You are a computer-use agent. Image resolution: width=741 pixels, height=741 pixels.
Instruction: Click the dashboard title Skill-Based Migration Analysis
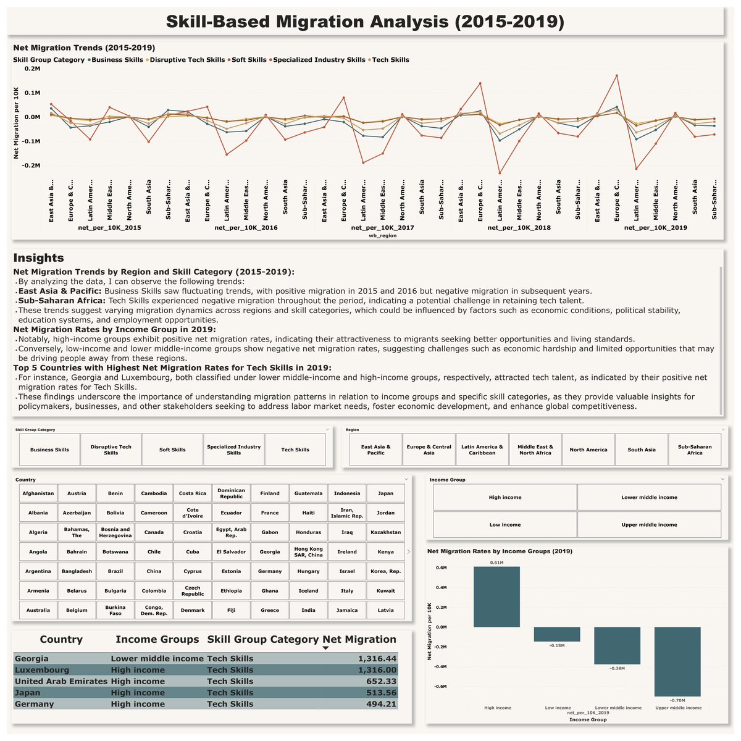[366, 22]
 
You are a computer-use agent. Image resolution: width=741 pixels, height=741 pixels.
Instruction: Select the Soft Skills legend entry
[249, 60]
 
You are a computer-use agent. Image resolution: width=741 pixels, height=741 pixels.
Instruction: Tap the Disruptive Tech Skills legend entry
[187, 60]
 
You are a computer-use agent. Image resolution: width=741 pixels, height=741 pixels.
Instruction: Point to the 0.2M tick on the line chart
[31, 69]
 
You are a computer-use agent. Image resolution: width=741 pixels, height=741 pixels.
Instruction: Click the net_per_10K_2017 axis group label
[383, 228]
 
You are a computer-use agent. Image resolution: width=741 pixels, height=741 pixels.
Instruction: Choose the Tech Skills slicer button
[295, 450]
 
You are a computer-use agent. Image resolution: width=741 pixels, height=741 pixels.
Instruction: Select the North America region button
[588, 450]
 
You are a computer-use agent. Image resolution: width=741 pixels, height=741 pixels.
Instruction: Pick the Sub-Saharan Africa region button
[695, 450]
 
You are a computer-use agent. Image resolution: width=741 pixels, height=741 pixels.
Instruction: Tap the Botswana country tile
[115, 551]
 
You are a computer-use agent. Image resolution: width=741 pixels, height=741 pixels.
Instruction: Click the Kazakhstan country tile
[385, 532]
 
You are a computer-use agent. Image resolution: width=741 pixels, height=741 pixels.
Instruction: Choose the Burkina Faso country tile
[115, 610]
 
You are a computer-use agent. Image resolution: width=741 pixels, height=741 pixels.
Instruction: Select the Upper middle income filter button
[649, 525]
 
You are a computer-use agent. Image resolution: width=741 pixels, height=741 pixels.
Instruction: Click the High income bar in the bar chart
[496, 597]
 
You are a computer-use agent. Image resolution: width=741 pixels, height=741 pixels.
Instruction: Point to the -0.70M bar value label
[677, 700]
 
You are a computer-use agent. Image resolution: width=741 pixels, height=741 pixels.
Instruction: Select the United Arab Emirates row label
[61, 681]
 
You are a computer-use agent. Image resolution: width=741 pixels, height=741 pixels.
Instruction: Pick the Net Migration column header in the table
[359, 639]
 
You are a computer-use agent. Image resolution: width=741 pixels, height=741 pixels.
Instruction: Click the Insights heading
[38, 258]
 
